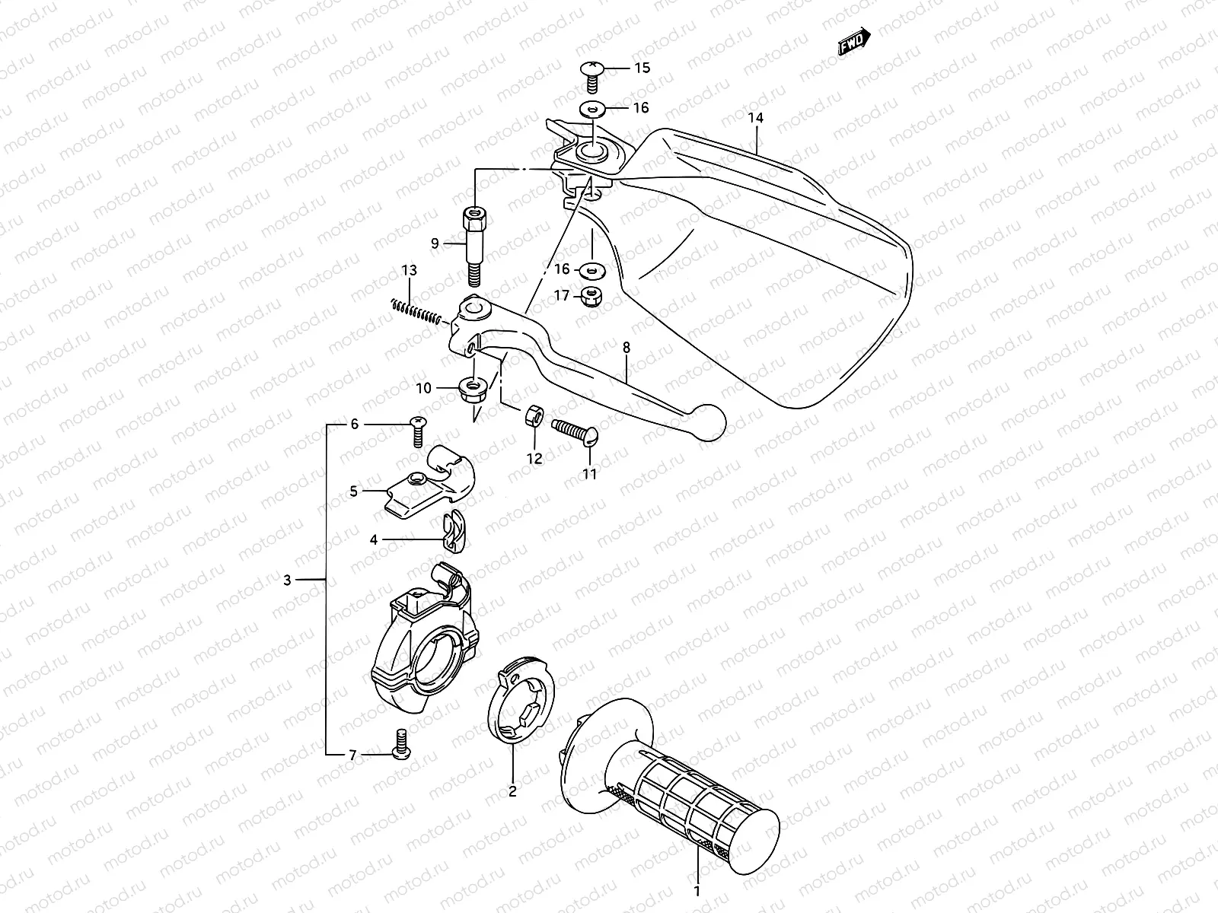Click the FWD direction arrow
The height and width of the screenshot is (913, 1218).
click(x=854, y=41)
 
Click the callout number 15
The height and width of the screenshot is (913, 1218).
click(x=642, y=68)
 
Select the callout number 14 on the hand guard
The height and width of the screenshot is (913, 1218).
click(x=755, y=118)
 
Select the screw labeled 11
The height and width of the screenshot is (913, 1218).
click(x=576, y=431)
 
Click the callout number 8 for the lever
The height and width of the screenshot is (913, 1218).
click(x=626, y=348)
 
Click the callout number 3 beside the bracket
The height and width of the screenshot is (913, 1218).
click(x=287, y=581)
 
